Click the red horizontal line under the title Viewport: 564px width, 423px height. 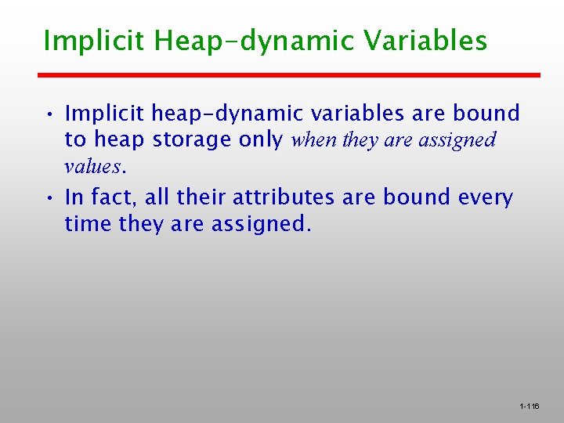pyautogui.click(x=290, y=75)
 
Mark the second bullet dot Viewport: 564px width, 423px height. pyautogui.click(x=49, y=198)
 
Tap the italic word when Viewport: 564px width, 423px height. pyautogui.click(x=314, y=140)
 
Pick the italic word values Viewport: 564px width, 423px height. pyautogui.click(x=94, y=167)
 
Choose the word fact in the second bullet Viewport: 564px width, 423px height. pyautogui.click(x=115, y=197)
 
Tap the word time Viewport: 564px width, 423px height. pyautogui.click(x=89, y=224)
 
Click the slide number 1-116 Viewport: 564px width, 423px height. pyautogui.click(x=529, y=406)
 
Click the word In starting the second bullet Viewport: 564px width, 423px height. pyautogui.click(x=74, y=197)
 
